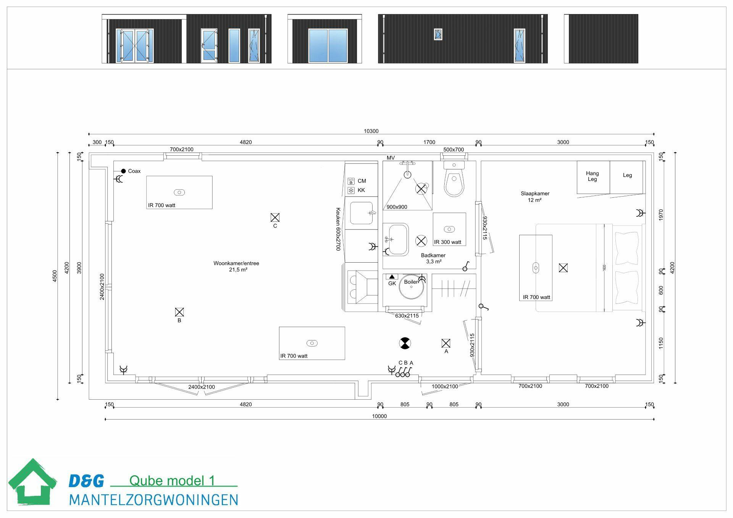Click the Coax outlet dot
pyautogui.click(x=123, y=171)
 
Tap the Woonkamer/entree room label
pyautogui.click(x=236, y=263)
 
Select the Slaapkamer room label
pyautogui.click(x=535, y=194)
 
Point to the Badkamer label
pyautogui.click(x=433, y=255)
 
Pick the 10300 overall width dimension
pyautogui.click(x=371, y=131)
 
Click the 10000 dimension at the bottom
pyautogui.click(x=379, y=416)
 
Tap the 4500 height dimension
pyautogui.click(x=55, y=276)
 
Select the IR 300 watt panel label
pyautogui.click(x=447, y=242)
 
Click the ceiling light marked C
pyautogui.click(x=275, y=218)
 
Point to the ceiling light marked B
pyautogui.click(x=179, y=312)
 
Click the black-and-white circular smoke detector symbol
pyautogui.click(x=405, y=343)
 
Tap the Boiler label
pyautogui.click(x=411, y=282)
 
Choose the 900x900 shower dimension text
pyautogui.click(x=397, y=207)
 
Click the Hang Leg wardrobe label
pyautogui.click(x=592, y=176)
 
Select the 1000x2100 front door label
pyautogui.click(x=445, y=386)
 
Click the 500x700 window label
pyautogui.click(x=454, y=150)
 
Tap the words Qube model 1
pyautogui.click(x=172, y=481)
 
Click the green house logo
pyautogui.click(x=32, y=482)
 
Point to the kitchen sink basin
pyautogui.click(x=362, y=213)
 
